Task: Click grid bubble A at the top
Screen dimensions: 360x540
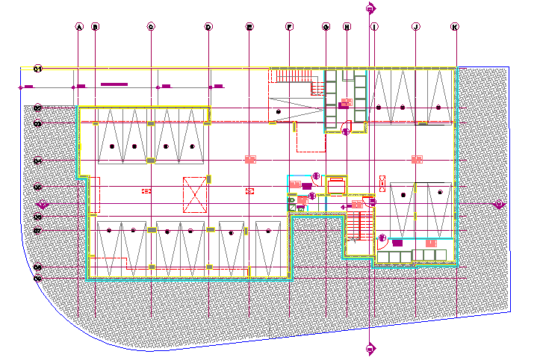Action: click(78, 27)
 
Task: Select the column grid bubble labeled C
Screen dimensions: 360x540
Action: click(151, 27)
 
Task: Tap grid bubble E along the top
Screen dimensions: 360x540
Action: click(249, 27)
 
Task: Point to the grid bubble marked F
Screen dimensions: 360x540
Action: click(289, 27)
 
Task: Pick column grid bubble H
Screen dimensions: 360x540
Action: click(347, 27)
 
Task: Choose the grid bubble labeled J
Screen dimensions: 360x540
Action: click(415, 27)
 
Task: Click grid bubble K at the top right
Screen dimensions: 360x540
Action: click(455, 27)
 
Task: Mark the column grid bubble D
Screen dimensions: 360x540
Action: click(208, 27)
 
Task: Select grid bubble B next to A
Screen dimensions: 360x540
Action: click(95, 27)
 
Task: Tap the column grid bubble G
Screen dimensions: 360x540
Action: click(326, 27)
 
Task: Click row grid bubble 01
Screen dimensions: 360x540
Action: click(37, 69)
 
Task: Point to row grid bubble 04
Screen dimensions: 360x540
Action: click(37, 160)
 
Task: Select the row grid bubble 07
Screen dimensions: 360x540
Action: click(37, 231)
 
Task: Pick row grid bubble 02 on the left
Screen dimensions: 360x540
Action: click(37, 108)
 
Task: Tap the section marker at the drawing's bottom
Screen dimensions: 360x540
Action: click(370, 348)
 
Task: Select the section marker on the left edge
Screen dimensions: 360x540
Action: click(43, 204)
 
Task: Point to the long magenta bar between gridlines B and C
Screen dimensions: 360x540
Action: click(116, 84)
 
